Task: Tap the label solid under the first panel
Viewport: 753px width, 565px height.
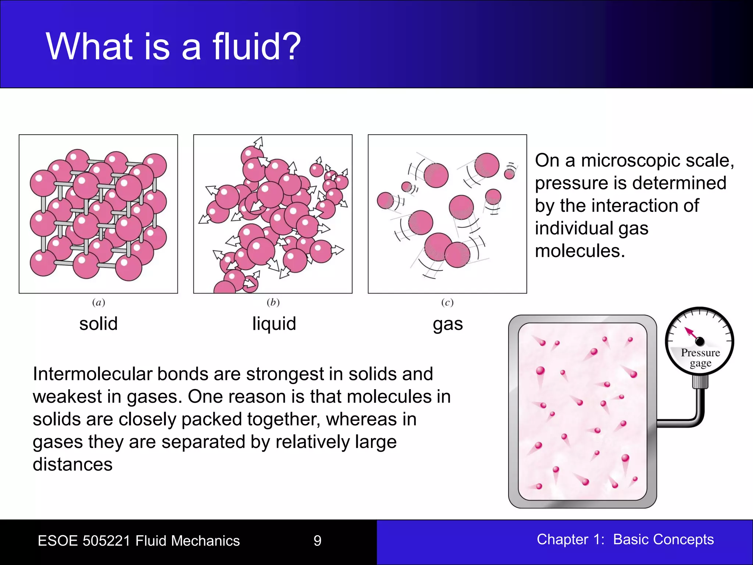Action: (x=98, y=324)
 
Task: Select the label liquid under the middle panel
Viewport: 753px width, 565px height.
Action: (x=274, y=324)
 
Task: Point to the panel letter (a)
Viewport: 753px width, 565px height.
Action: (x=99, y=302)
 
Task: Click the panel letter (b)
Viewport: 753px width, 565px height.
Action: (x=273, y=302)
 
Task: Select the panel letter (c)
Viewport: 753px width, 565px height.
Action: (x=447, y=302)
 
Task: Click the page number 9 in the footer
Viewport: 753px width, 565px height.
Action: (x=317, y=541)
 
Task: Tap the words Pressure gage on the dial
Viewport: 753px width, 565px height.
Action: (x=700, y=358)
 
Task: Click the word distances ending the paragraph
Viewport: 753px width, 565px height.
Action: (x=72, y=465)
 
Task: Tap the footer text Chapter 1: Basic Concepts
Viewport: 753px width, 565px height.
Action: (x=625, y=540)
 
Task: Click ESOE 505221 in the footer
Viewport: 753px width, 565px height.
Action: (x=84, y=541)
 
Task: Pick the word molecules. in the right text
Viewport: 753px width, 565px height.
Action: (x=580, y=251)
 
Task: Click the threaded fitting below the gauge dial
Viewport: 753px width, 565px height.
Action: (x=700, y=381)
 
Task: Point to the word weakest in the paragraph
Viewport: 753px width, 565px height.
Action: (x=67, y=397)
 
